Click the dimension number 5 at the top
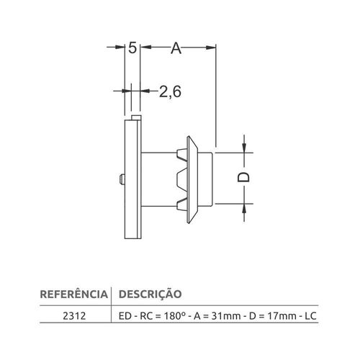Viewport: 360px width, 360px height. pyautogui.click(x=132, y=48)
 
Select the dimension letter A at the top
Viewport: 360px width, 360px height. pyautogui.click(x=176, y=48)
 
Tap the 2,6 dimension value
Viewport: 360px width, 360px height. pyautogui.click(x=170, y=91)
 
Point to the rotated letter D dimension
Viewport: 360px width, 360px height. pyautogui.click(x=243, y=178)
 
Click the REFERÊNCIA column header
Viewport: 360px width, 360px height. pyautogui.click(x=74, y=294)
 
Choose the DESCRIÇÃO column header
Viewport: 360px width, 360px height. pyautogui.click(x=150, y=294)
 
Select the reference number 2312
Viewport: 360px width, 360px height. pyautogui.click(x=74, y=316)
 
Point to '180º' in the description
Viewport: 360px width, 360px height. pyautogui.click(x=175, y=316)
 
